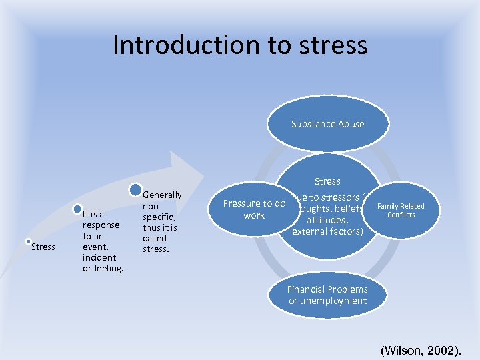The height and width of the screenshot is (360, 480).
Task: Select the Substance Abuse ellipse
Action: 327,124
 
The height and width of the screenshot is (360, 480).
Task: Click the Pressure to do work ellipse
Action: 254,209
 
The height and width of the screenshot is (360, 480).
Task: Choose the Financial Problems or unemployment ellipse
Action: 327,295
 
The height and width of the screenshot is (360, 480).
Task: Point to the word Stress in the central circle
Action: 327,181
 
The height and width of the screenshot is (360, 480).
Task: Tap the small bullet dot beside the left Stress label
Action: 28,241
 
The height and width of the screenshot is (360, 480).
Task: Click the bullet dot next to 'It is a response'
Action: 77,209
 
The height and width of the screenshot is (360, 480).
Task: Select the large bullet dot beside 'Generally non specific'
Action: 135,190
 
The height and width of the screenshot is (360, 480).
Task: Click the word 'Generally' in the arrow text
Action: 162,195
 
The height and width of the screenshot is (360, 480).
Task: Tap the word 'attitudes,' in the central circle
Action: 327,220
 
